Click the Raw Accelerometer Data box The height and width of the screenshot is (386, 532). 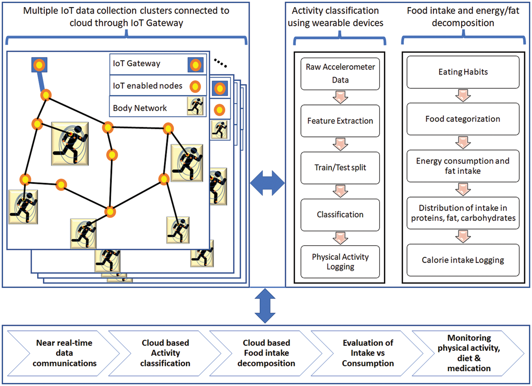340,74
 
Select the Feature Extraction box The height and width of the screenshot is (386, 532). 340,121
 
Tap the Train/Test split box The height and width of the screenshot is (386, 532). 340,167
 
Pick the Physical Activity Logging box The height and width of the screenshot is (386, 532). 340,261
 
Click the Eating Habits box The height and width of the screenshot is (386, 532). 463,72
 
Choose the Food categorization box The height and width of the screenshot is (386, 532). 463,119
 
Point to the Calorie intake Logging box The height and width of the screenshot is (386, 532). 463,260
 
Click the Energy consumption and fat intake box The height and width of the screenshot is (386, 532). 463,166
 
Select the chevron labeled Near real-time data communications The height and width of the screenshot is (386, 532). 64,353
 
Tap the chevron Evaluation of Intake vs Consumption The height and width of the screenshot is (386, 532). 368,353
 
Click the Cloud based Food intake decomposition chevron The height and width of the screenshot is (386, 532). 266,353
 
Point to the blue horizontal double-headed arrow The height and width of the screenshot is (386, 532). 267,183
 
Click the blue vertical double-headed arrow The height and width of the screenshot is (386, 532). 265,306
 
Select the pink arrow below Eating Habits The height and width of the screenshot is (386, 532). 463,95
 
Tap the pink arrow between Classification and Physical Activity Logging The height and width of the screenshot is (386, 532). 340,238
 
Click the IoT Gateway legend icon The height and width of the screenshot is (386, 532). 195,65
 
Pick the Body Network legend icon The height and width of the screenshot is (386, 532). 195,106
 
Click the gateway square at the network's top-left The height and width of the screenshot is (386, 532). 39,65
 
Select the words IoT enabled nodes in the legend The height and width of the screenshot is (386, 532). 148,86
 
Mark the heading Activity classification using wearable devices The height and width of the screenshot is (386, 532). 335,17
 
